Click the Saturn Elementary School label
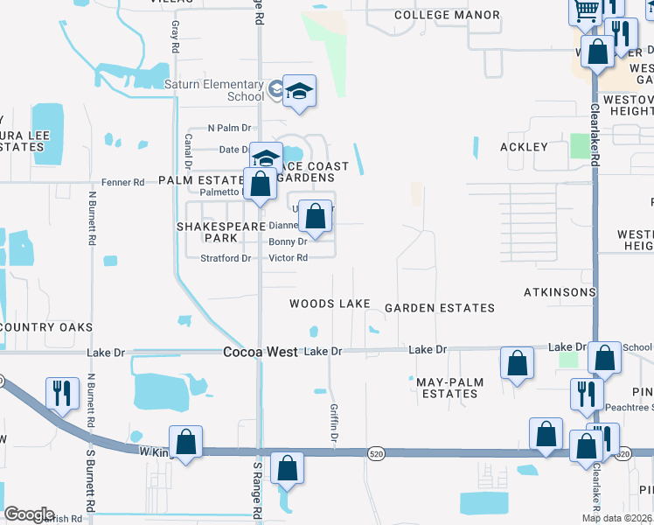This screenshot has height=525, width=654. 214,90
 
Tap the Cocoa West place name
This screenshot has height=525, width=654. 260,352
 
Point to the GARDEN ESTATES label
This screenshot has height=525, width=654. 440,308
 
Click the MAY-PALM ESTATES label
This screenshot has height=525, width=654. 447,388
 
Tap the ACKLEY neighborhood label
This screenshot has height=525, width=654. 523,147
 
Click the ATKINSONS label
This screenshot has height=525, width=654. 560,291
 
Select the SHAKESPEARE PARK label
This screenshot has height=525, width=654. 220,232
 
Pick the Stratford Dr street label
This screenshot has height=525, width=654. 226,258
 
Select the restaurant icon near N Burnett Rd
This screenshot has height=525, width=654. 61,391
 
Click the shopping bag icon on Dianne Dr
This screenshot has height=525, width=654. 316,215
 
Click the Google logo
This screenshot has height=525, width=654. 29,514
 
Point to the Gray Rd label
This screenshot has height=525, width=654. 176,36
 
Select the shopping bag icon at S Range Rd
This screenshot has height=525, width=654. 287,469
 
